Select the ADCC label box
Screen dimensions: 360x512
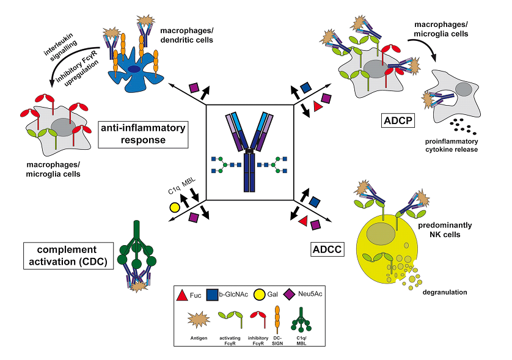tap(327, 249)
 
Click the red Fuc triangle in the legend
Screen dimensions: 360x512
tap(181, 296)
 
